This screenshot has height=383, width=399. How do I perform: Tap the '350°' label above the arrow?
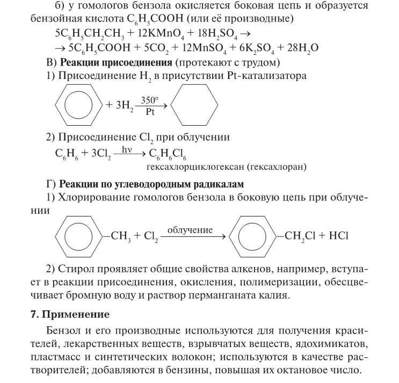(150, 100)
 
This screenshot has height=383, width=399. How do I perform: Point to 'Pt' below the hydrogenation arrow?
(150, 113)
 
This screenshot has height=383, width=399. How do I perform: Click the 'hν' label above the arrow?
(127, 150)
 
